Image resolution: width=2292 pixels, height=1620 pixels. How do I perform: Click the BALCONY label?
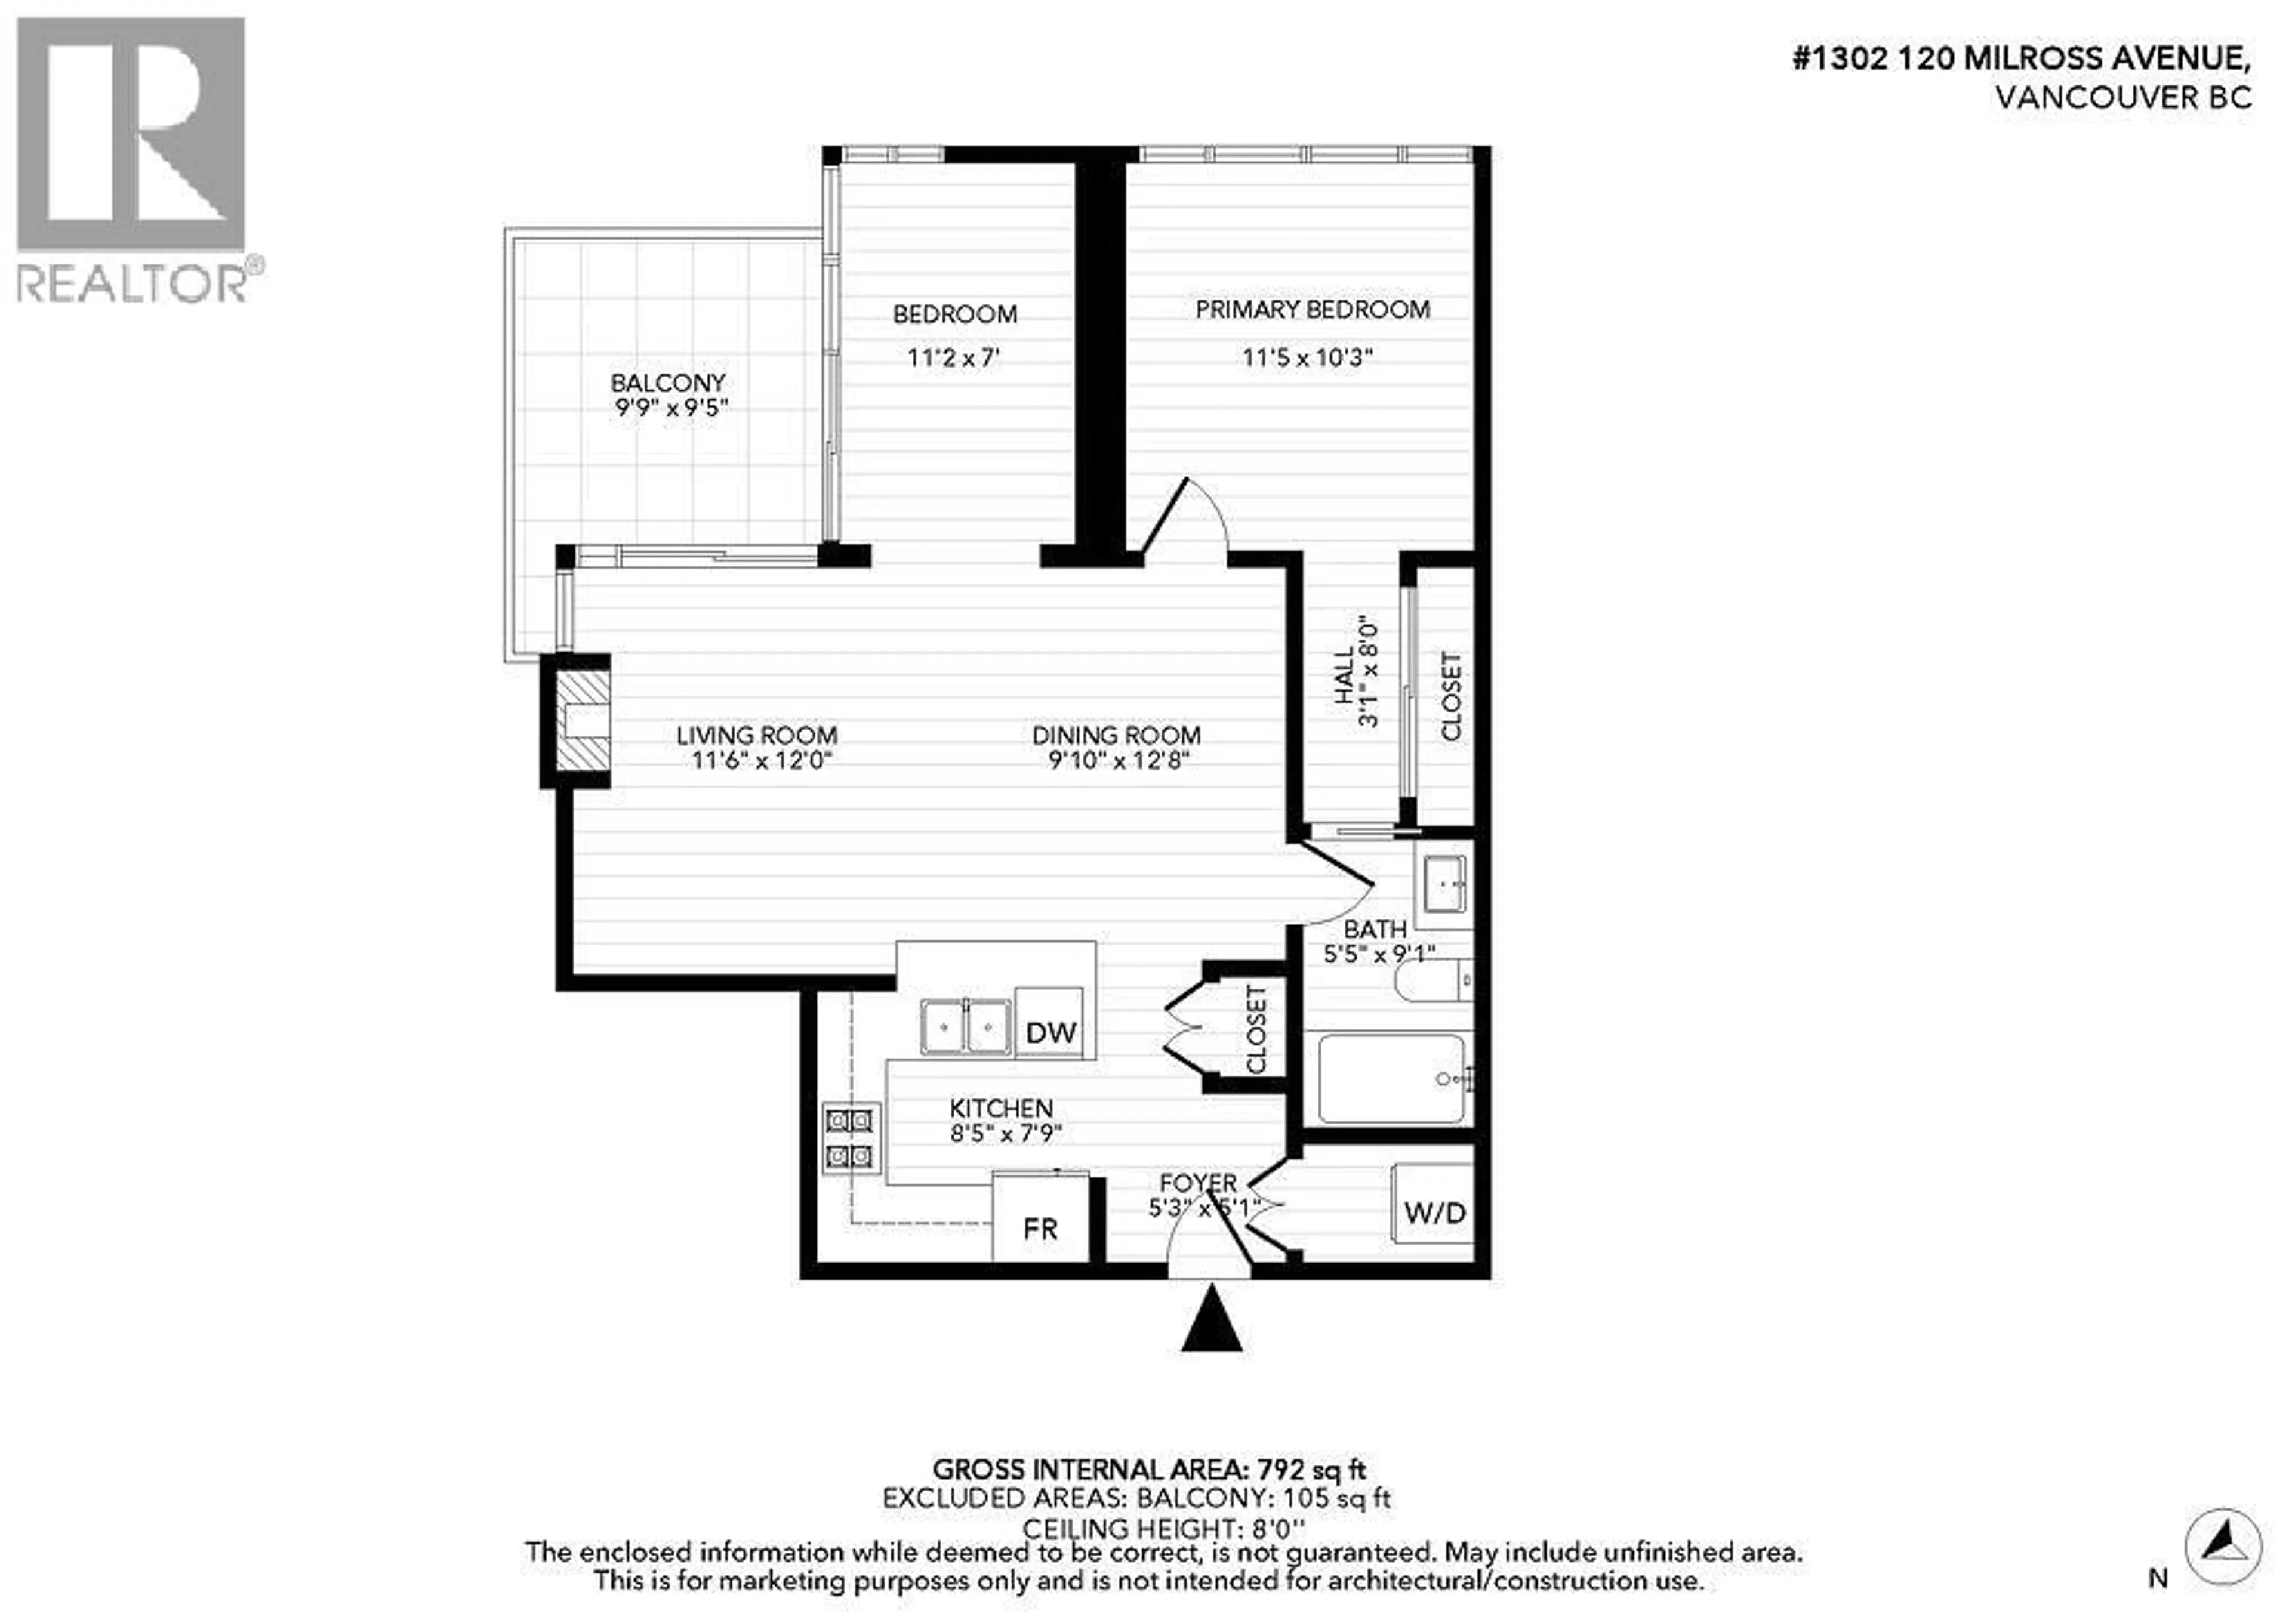(668, 382)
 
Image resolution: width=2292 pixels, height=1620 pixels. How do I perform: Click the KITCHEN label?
(1000, 1108)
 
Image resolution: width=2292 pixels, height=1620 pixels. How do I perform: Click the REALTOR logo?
(133, 160)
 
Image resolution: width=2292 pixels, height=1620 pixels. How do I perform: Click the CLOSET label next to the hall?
(1450, 697)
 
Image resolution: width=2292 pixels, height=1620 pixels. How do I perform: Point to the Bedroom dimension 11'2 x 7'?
(953, 357)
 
